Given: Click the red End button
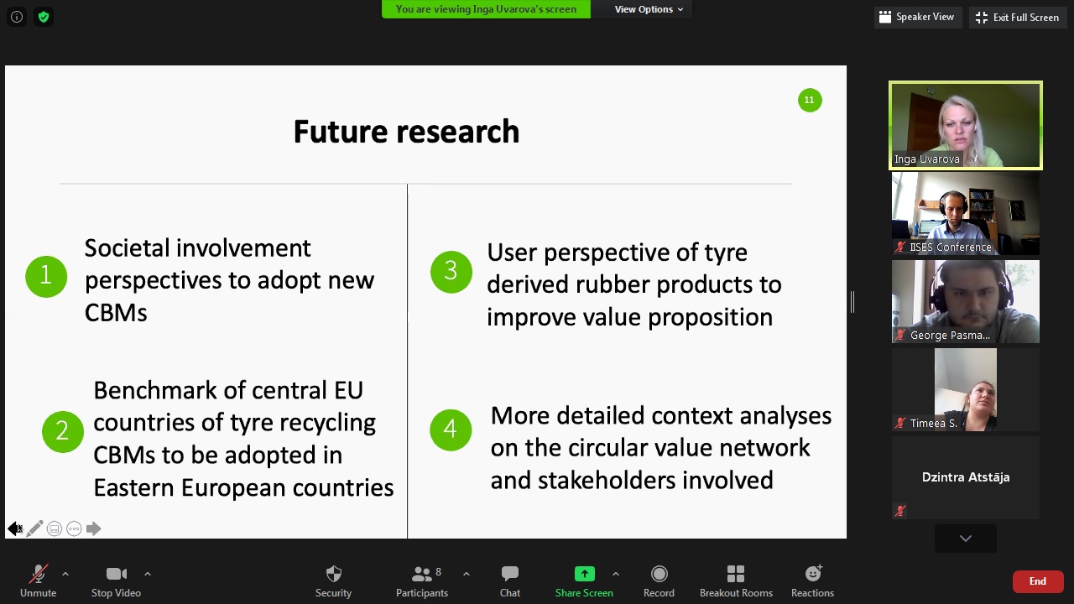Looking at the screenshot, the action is tap(1038, 581).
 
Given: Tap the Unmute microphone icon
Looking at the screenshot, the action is tap(39, 574).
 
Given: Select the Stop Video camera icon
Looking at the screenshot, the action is tap(117, 574).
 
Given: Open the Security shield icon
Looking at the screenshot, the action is tap(333, 574).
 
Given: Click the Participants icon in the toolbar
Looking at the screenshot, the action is tap(422, 574).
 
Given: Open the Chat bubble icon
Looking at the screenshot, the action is tap(509, 573).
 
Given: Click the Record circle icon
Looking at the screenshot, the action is tap(660, 574).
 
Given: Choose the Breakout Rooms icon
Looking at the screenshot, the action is tap(736, 574).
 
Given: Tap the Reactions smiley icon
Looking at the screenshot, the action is tap(813, 573).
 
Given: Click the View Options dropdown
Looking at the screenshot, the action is tap(649, 9).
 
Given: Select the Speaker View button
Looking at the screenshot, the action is tap(917, 18).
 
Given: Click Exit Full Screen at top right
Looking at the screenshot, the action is tap(1018, 18).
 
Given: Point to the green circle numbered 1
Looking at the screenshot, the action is tap(46, 276).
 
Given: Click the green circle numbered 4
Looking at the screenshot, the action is tap(451, 430).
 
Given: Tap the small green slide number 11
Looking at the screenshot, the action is tap(810, 100).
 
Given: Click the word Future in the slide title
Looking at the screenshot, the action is tap(341, 132).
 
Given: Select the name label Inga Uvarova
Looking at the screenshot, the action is tap(927, 159).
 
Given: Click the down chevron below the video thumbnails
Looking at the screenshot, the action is tap(966, 539).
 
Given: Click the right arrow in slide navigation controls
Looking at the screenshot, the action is tap(93, 528).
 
